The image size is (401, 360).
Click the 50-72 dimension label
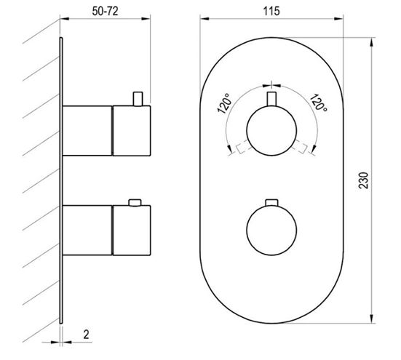tap(105, 11)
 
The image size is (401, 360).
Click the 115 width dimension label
tap(271, 11)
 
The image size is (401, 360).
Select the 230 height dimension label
tap(363, 180)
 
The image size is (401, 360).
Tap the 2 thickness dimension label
tap(86, 335)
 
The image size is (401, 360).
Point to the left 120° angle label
tap(225, 103)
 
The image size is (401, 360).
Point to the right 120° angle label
tap(318, 103)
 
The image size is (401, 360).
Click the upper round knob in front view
tap(271, 131)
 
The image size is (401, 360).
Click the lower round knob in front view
tap(271, 230)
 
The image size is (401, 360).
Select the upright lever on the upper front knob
tap(271, 99)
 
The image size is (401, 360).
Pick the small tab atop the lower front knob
tap(271, 202)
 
